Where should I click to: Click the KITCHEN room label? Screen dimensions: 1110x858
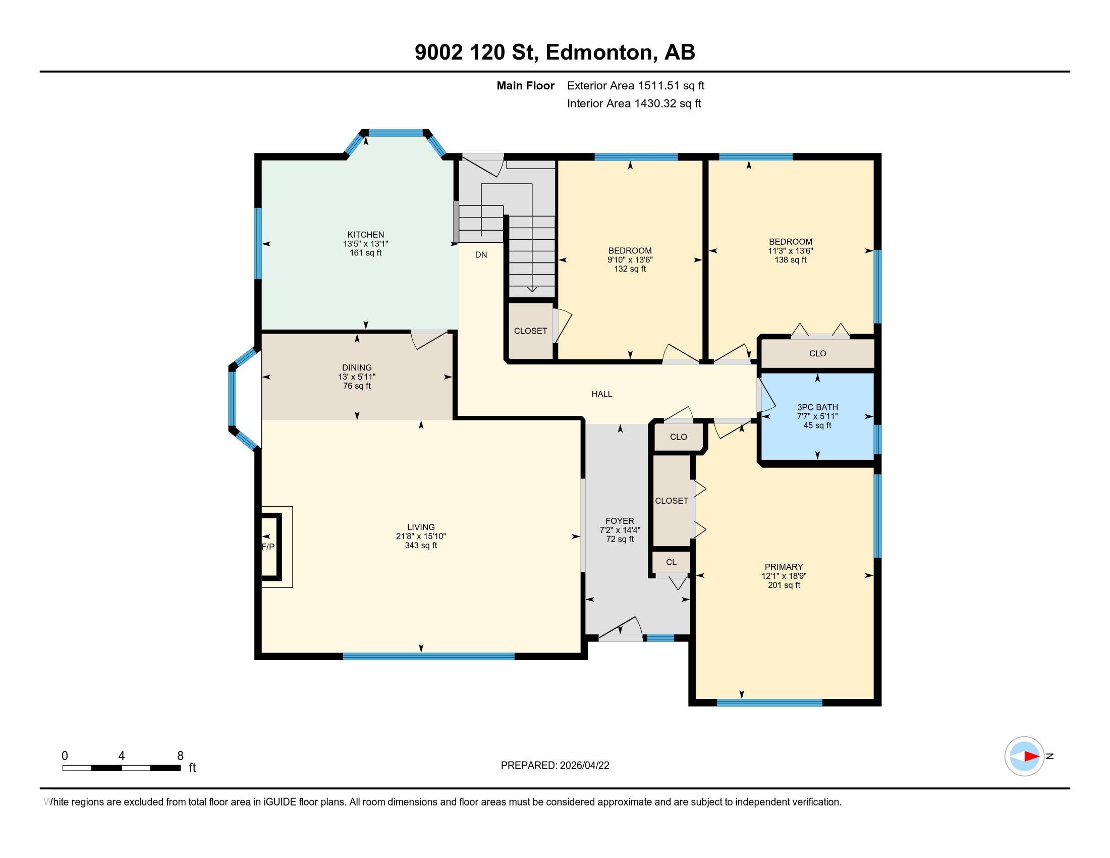pyautogui.click(x=365, y=234)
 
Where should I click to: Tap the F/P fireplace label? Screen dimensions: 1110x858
pyautogui.click(x=268, y=547)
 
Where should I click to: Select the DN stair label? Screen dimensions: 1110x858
pyautogui.click(x=481, y=255)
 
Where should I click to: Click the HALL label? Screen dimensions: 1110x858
pyautogui.click(x=602, y=394)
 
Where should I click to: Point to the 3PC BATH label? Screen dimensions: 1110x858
pyautogui.click(x=817, y=407)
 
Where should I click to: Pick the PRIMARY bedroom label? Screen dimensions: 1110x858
pyautogui.click(x=784, y=567)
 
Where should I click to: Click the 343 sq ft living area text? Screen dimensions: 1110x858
pyautogui.click(x=421, y=546)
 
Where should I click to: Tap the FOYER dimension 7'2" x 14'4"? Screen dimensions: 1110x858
pyautogui.click(x=620, y=529)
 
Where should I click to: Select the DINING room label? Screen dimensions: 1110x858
pyautogui.click(x=357, y=367)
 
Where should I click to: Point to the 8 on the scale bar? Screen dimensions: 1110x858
pyautogui.click(x=180, y=756)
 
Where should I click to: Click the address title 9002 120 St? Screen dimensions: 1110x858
pyautogui.click(x=476, y=52)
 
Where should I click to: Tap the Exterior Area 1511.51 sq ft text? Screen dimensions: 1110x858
pyautogui.click(x=636, y=85)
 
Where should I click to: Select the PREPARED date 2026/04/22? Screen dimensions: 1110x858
pyautogui.click(x=583, y=766)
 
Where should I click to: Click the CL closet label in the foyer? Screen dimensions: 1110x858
pyautogui.click(x=672, y=562)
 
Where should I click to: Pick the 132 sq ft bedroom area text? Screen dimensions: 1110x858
pyautogui.click(x=630, y=269)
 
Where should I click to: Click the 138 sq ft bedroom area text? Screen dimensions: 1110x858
pyautogui.click(x=790, y=260)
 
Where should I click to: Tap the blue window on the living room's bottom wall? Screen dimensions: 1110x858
pyautogui.click(x=428, y=656)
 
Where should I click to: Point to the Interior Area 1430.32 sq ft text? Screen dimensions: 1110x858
pyautogui.click(x=634, y=103)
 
